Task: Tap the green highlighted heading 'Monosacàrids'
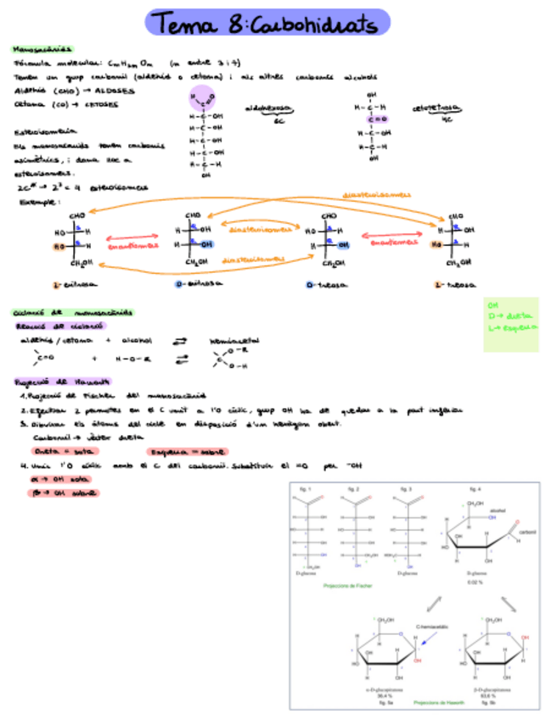[42, 48]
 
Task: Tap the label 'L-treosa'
[454, 284]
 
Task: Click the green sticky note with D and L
[510, 324]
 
